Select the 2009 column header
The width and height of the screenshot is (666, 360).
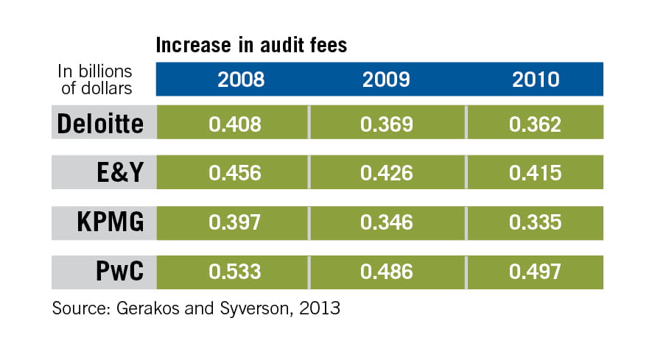[x=385, y=80]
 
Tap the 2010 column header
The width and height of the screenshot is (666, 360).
[x=536, y=80]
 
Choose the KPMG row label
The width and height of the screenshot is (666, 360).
[x=111, y=222]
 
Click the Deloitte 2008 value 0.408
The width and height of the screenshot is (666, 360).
[x=235, y=124]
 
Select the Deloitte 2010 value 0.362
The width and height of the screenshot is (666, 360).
[x=535, y=124]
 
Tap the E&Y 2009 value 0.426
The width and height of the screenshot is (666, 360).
[x=385, y=173]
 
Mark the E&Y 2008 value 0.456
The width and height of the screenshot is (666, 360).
[x=235, y=173]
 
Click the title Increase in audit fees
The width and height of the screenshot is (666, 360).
[x=251, y=46]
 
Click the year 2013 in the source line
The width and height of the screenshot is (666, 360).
[x=319, y=308]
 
